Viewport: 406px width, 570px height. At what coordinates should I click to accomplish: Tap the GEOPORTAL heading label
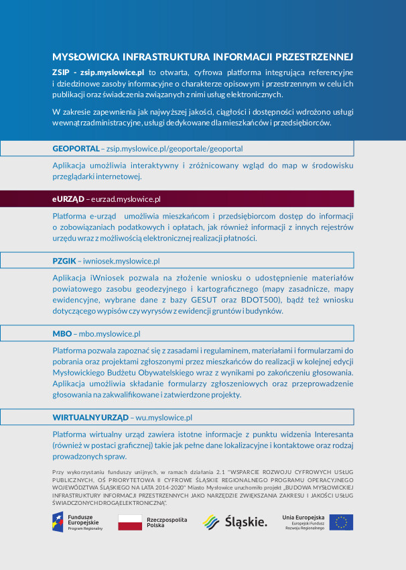tap(75, 148)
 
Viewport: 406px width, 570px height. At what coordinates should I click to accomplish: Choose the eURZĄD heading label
tap(68, 199)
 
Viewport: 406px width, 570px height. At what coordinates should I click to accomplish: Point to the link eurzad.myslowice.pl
tap(125, 199)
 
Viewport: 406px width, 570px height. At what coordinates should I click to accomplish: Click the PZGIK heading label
tap(64, 260)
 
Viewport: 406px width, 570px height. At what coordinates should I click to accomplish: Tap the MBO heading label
tap(62, 333)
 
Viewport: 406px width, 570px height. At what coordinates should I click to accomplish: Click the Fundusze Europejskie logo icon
tap(58, 522)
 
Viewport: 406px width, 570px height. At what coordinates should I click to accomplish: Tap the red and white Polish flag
tap(130, 522)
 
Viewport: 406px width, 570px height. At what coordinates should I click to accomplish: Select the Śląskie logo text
tap(246, 522)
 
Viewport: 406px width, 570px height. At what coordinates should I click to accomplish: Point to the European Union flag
tap(341, 522)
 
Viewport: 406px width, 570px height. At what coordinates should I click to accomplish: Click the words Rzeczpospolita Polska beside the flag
tap(167, 522)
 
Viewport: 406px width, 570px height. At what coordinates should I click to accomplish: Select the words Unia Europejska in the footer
tap(303, 518)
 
